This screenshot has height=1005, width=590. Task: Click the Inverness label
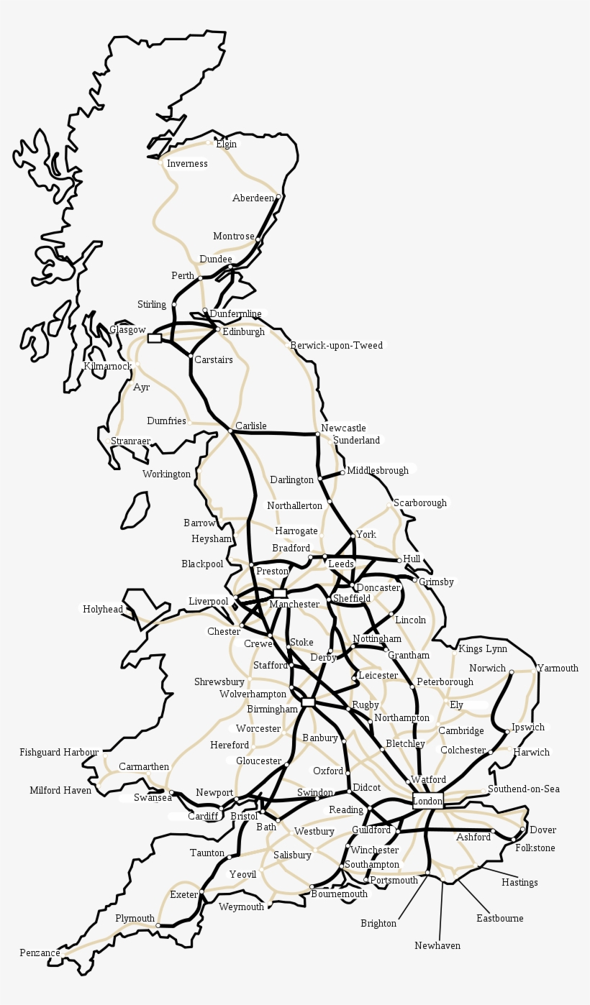point(187,164)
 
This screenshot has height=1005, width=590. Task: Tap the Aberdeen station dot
point(278,196)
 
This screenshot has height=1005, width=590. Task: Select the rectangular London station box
point(427,801)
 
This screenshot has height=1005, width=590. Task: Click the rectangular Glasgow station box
point(155,338)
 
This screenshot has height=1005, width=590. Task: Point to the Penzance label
point(40,953)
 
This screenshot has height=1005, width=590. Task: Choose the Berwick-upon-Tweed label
point(336,346)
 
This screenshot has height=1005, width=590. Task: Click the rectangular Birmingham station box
point(309,702)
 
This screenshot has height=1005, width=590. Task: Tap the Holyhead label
point(103,610)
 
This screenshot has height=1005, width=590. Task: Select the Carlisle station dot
point(230,430)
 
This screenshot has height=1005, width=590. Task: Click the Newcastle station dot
point(317,434)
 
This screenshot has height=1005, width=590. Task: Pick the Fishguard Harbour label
point(59,753)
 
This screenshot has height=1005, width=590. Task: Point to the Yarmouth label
point(558,669)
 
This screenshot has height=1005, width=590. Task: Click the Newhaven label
point(437,946)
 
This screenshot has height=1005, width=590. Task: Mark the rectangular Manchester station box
point(279,593)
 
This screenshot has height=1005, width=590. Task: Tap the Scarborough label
point(420,503)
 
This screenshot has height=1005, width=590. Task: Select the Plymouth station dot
point(158,925)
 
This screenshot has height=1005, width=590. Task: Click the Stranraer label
point(130,441)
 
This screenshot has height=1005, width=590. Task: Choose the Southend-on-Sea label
point(523,789)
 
